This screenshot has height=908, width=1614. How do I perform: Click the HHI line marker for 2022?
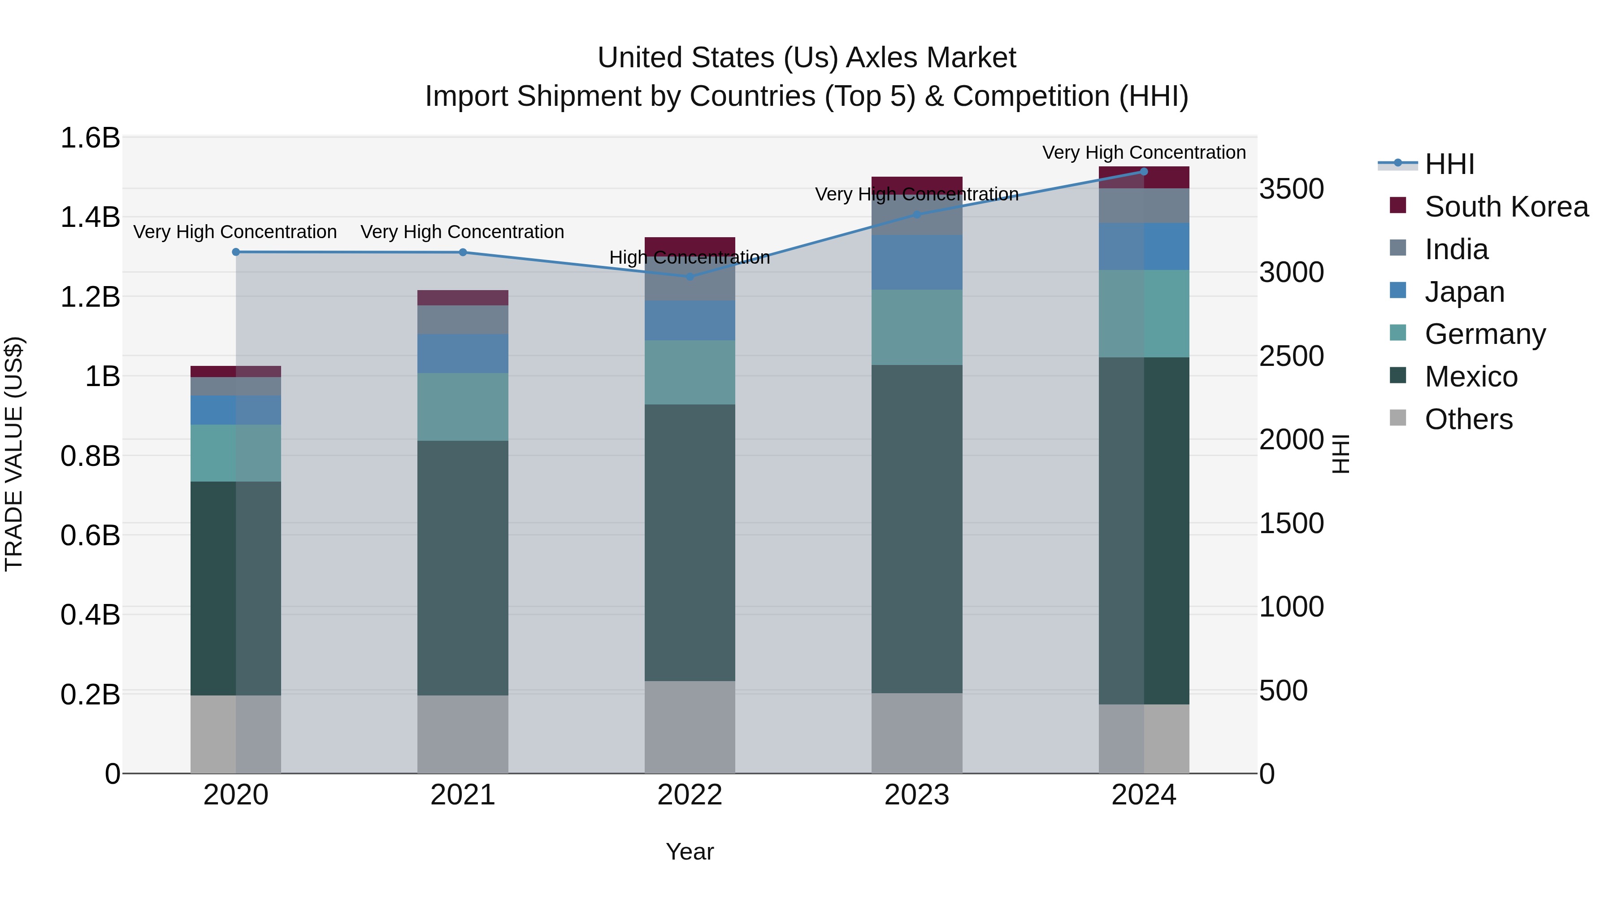(690, 276)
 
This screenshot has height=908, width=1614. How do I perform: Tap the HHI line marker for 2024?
(1143, 171)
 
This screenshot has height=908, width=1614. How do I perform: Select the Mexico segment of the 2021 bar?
(462, 567)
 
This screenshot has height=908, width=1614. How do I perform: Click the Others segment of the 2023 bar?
(917, 733)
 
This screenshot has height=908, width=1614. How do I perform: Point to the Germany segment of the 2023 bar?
(917, 327)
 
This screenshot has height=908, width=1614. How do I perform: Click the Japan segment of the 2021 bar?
(462, 353)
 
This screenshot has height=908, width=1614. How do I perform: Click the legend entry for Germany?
(1484, 334)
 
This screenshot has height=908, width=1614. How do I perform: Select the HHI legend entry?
(1449, 164)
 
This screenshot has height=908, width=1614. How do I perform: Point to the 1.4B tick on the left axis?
(90, 217)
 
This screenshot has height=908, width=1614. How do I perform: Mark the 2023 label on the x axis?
(917, 795)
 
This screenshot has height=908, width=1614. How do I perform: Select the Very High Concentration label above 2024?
(1143, 152)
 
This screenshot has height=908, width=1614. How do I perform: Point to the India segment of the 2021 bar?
(462, 320)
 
